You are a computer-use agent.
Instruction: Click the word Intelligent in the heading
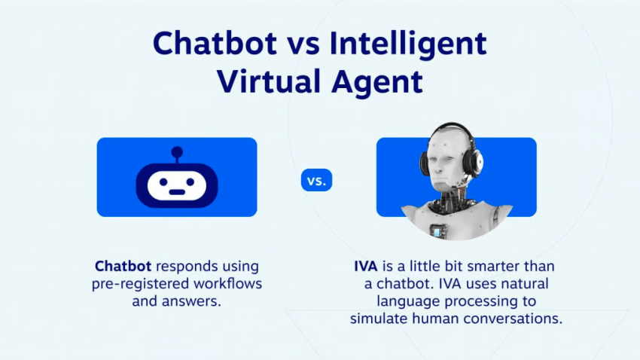point(408,44)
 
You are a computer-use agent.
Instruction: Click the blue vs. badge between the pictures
point(317,181)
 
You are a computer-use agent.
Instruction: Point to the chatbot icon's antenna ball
point(177,151)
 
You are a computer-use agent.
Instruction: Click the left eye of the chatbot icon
point(160,183)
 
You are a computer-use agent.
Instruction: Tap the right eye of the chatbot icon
point(194,183)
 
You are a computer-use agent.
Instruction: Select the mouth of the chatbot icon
point(177,191)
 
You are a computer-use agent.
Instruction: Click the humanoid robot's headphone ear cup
point(474,166)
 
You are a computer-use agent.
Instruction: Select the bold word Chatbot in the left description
point(123,267)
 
